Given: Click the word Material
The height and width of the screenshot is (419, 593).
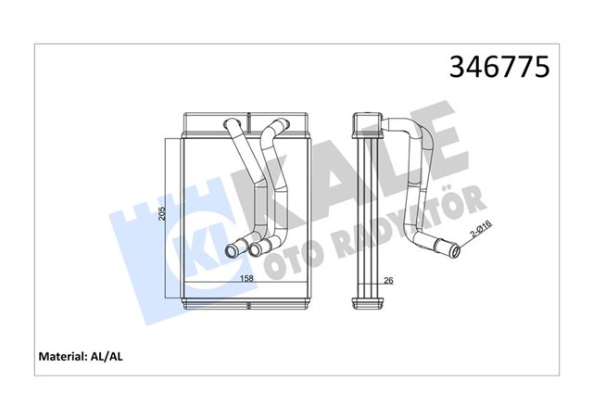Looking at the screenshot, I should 60,355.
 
